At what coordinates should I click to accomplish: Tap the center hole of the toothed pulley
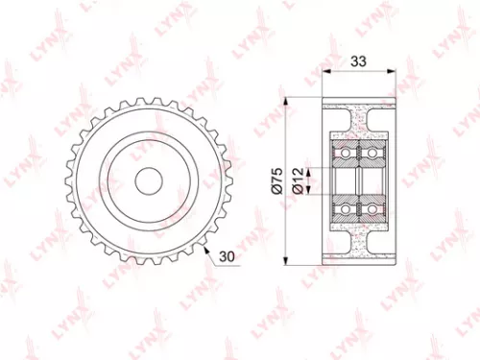(x=148, y=180)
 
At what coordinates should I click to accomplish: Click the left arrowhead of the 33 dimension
(x=324, y=71)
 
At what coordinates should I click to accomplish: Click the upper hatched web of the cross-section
(x=359, y=120)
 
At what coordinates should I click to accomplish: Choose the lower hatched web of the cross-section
(x=359, y=239)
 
